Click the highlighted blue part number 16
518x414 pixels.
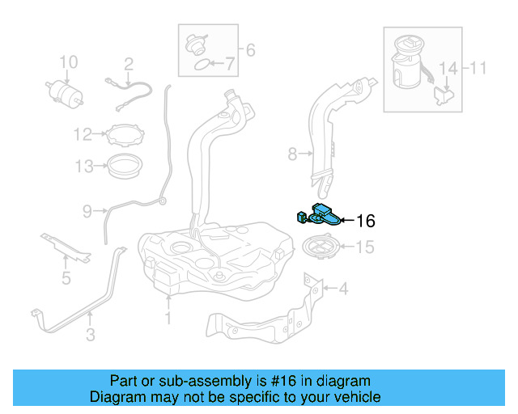pos(320,215)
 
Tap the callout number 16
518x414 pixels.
pos(366,221)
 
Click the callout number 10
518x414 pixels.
pos(69,62)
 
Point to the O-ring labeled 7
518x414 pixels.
pos(202,65)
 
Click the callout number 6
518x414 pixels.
pos(250,50)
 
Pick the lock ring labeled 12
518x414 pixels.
pos(126,135)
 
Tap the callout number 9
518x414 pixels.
pos(87,211)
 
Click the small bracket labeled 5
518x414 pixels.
pos(66,247)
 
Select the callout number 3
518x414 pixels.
pos(91,335)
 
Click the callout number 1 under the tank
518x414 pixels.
pos(168,318)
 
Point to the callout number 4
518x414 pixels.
pos(343,289)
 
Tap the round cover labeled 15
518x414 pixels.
pos(321,247)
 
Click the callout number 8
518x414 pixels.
pos(292,154)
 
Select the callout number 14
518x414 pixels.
pos(448,69)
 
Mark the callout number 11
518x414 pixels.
pos(478,68)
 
